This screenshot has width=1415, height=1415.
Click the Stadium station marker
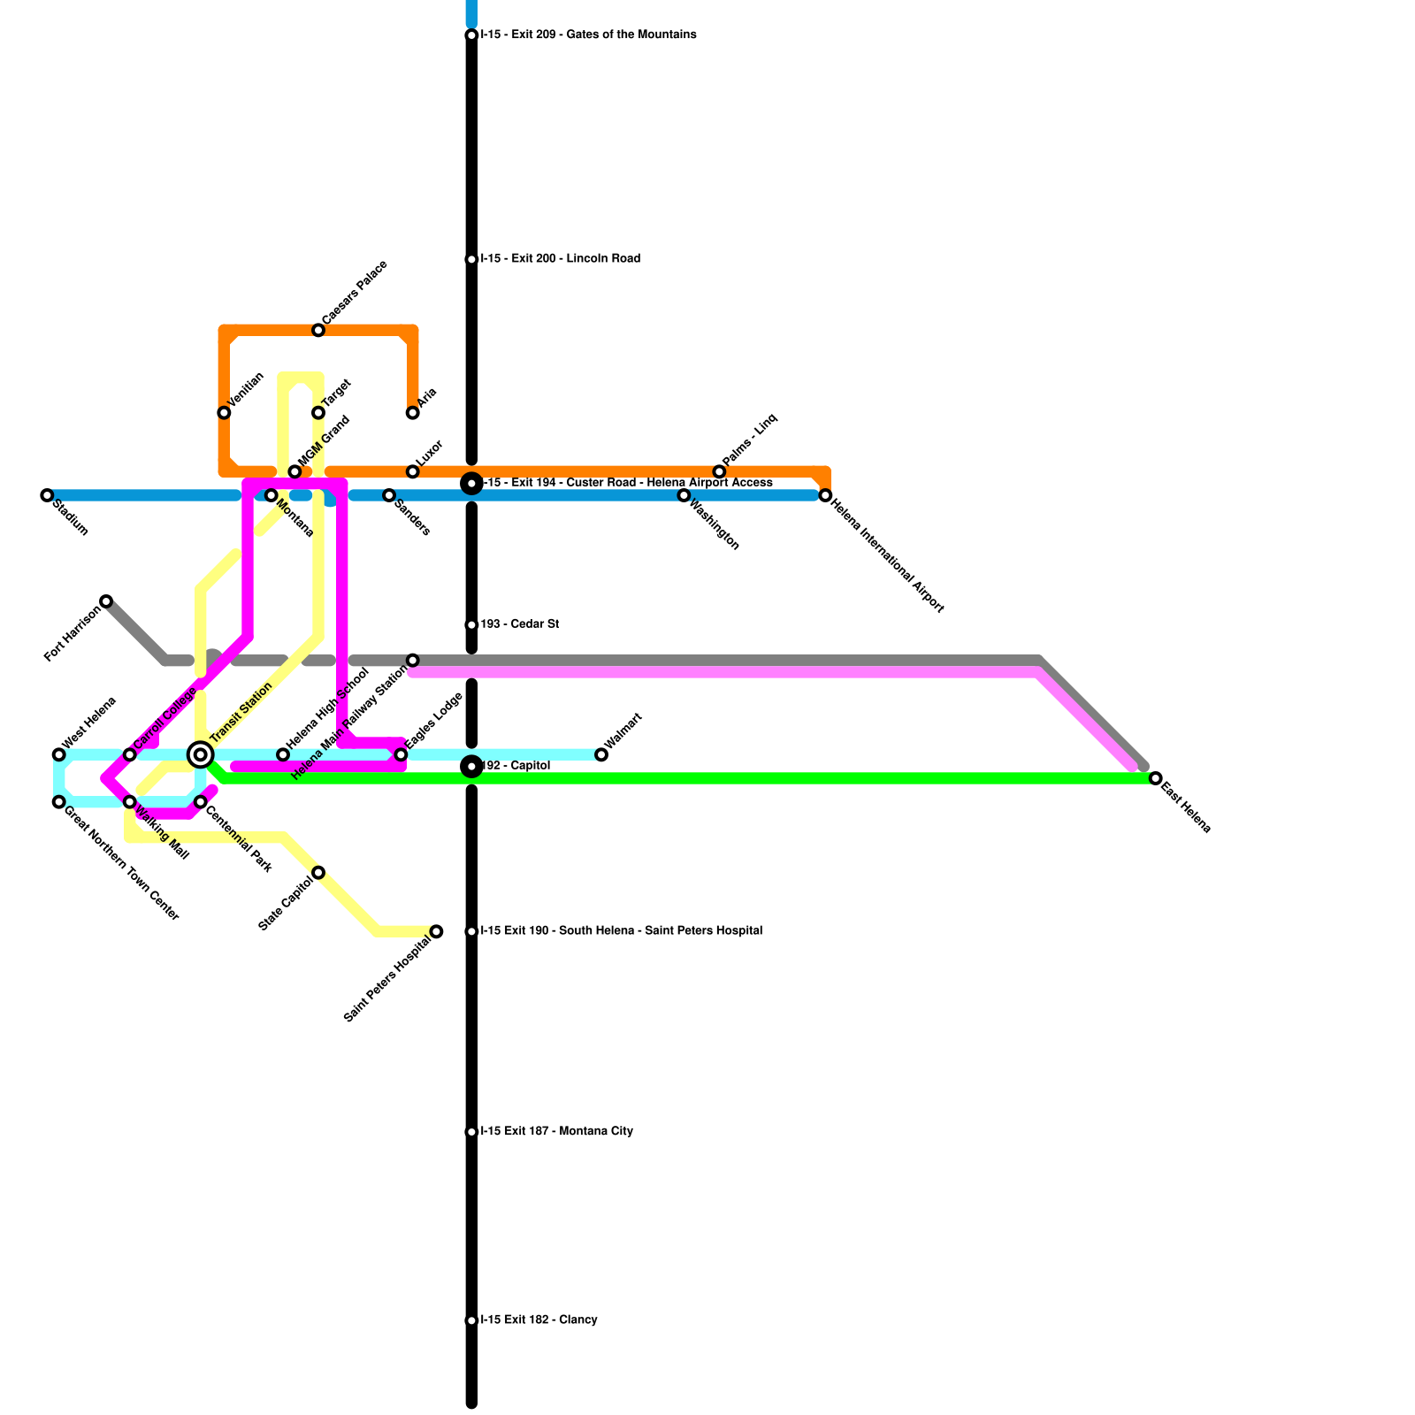coord(47,495)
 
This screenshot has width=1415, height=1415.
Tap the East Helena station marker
coord(1155,778)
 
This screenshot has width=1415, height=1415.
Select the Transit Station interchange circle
coord(201,754)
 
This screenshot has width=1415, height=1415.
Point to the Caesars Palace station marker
coord(318,331)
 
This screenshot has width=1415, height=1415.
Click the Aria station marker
coord(412,413)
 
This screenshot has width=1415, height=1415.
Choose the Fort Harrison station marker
coord(106,601)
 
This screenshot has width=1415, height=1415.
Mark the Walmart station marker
coord(601,754)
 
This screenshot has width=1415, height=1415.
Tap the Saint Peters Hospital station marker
coord(436,931)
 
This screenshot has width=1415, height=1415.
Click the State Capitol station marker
coord(318,873)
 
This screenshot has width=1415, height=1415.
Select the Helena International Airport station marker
coord(825,495)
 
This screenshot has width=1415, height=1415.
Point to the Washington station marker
coord(684,495)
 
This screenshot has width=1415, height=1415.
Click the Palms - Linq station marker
coord(719,471)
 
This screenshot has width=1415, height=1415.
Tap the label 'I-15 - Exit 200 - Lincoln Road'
coord(560,259)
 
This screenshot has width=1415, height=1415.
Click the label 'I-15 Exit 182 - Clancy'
coord(539,1320)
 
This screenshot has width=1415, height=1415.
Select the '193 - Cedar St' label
coord(519,624)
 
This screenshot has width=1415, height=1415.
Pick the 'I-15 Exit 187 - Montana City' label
coord(556,1132)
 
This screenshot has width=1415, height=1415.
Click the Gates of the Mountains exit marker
coord(471,35)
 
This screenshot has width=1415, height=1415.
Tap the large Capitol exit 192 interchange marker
coord(471,766)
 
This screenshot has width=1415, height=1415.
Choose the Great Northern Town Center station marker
coord(58,802)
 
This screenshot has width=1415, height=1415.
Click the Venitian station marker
coord(224,413)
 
